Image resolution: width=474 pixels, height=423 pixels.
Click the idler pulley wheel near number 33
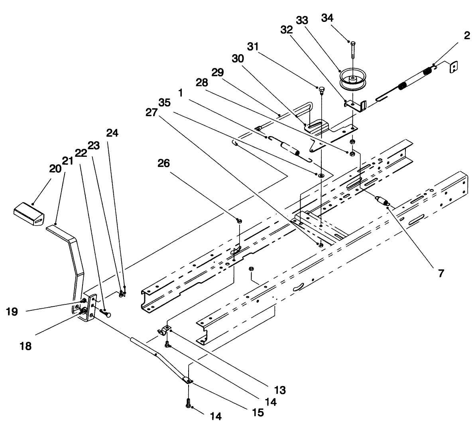click(352, 79)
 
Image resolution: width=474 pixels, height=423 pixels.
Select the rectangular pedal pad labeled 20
click(29, 213)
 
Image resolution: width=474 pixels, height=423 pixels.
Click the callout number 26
click(164, 163)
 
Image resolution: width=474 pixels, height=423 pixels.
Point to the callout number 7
click(441, 273)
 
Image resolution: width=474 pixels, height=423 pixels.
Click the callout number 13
click(280, 390)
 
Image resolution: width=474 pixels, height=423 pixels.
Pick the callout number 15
click(258, 412)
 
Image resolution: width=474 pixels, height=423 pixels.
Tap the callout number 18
click(26, 346)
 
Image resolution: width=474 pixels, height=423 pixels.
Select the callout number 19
click(12, 311)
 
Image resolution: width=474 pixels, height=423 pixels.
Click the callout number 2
click(467, 35)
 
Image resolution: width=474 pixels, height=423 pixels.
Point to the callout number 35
click(165, 103)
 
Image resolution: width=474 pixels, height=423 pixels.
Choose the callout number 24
click(112, 133)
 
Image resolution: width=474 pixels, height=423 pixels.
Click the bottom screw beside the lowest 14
click(189, 404)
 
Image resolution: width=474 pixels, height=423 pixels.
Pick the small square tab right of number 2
click(453, 67)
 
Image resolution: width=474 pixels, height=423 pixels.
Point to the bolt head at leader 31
click(321, 89)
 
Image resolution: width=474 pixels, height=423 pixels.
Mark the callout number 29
click(217, 72)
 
